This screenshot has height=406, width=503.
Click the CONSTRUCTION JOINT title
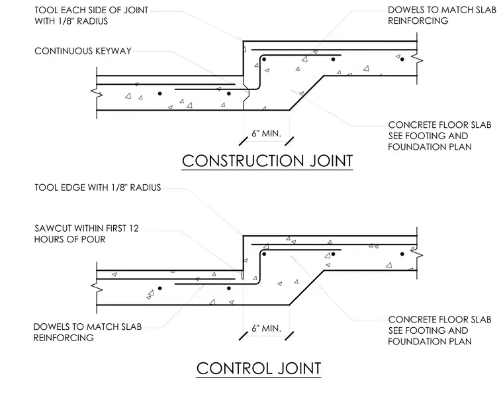click(267, 161)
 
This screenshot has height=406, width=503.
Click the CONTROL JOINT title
click(259, 368)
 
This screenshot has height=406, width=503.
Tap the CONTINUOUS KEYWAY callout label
click(83, 51)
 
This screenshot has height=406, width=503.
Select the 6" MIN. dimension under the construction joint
click(266, 133)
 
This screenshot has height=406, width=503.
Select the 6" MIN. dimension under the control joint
click(266, 329)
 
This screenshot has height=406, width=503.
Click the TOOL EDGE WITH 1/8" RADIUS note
click(97, 187)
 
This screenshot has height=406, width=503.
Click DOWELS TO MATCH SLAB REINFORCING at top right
click(442, 15)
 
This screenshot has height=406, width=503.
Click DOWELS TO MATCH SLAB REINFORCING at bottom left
click(87, 332)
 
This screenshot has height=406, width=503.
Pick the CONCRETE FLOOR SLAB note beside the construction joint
click(439, 136)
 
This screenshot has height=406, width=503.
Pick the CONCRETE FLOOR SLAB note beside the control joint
click(439, 330)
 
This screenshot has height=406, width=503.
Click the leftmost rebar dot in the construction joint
click(160, 93)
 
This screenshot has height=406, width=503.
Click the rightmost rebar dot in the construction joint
click(402, 59)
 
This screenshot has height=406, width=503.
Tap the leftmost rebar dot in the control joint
click(160, 288)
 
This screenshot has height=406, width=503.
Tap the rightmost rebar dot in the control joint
click(402, 254)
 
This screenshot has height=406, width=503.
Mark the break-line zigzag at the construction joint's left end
click(96, 93)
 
